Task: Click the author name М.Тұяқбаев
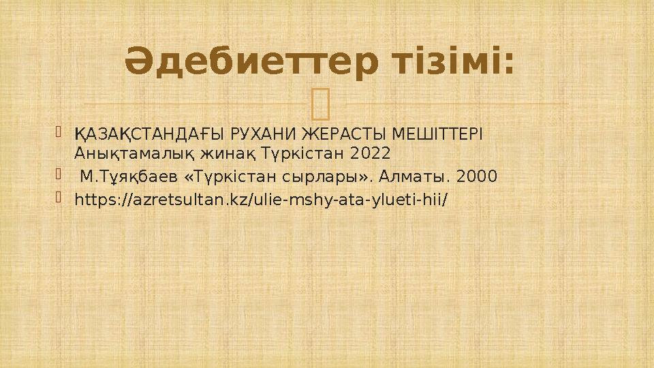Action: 125,177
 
